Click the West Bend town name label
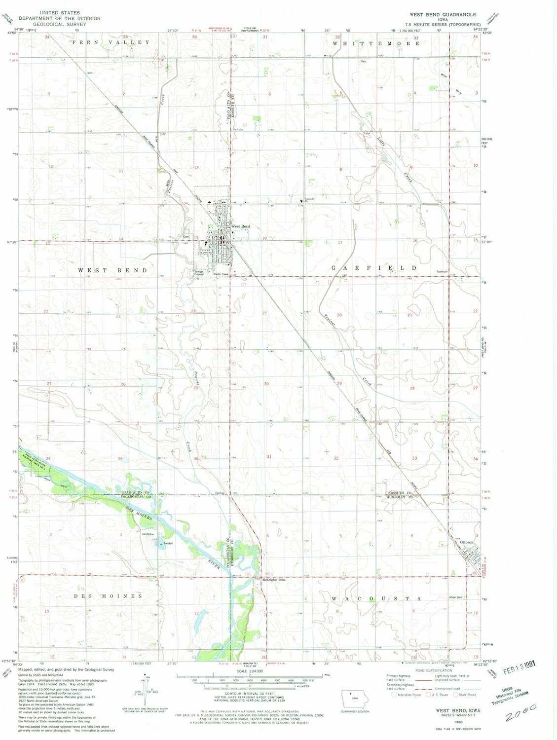point(241,226)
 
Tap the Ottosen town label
point(466,542)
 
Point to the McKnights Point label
point(274,580)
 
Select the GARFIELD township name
point(374,268)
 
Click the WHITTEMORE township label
point(376,43)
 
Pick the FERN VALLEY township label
point(111,42)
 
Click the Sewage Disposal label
point(198,273)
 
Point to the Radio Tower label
point(221,274)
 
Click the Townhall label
point(442,272)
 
